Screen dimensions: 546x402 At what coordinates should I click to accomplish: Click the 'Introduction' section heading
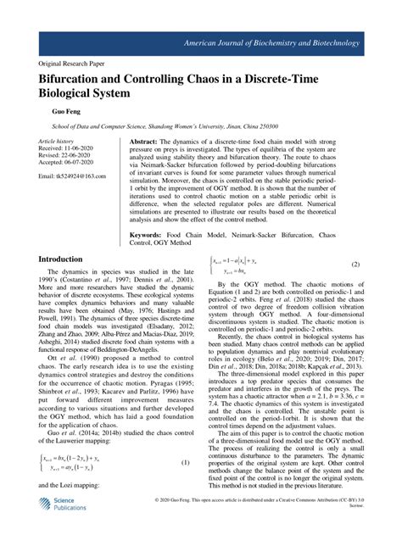coord(67,259)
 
